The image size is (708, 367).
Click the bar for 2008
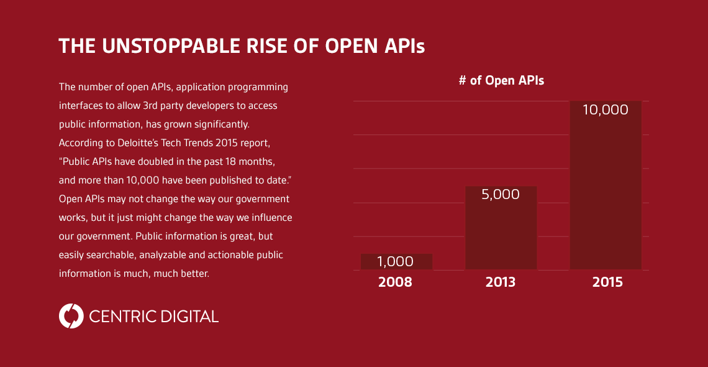click(396, 262)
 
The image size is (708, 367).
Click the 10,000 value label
click(606, 110)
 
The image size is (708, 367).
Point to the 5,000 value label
click(501, 194)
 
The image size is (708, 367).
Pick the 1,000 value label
click(396, 262)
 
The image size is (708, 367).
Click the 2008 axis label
click(395, 282)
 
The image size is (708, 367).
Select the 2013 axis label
click(501, 282)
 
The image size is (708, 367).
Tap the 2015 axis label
click(607, 282)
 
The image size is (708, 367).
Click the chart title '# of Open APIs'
click(501, 80)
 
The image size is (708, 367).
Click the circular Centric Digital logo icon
click(71, 316)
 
